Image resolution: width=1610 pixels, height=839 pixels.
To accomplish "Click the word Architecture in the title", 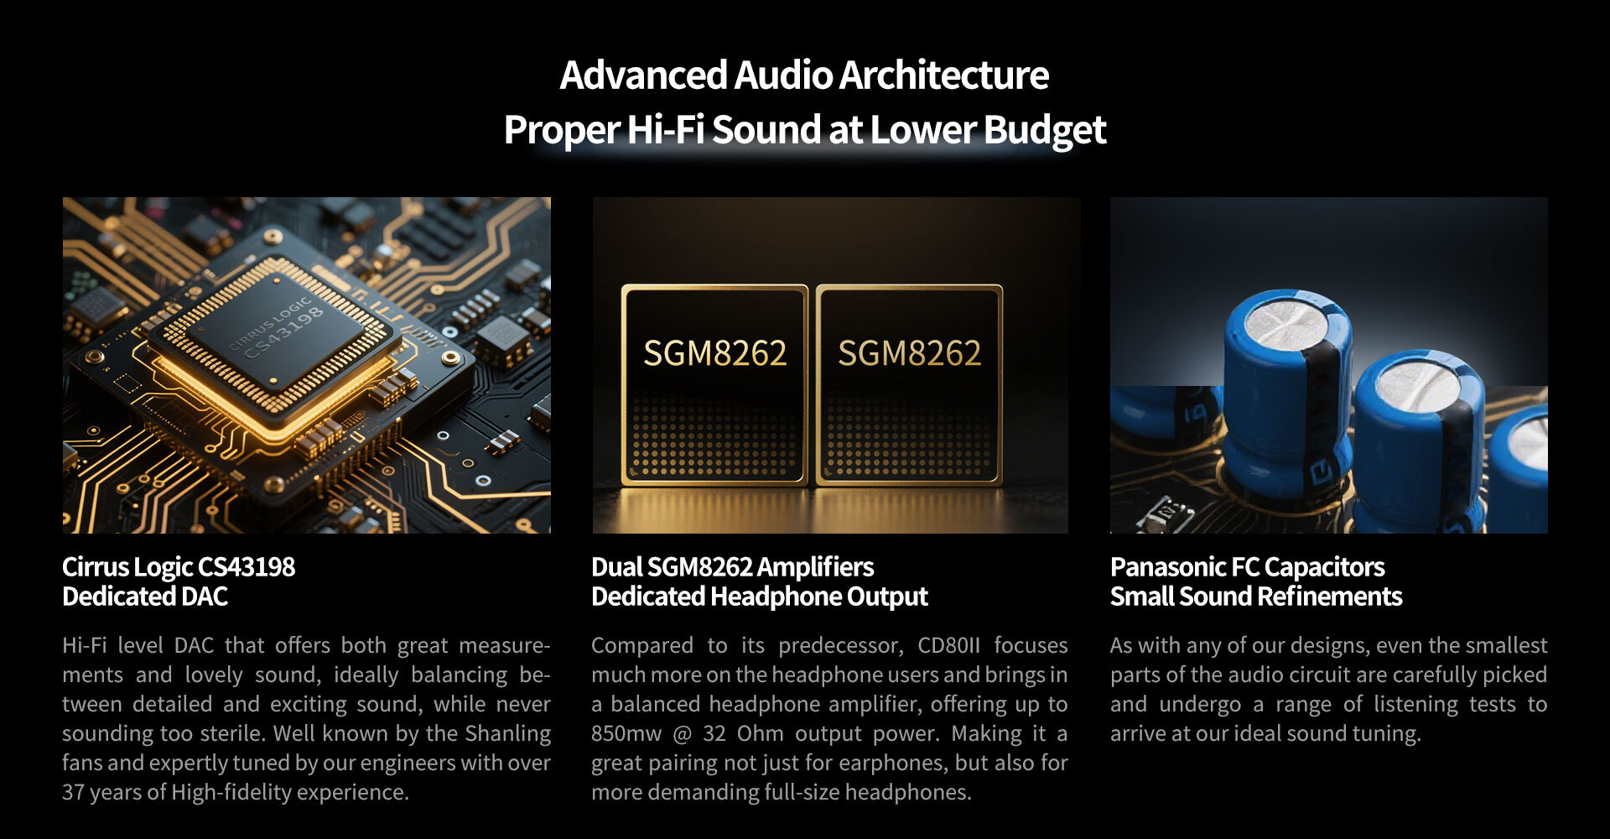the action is pos(943,76).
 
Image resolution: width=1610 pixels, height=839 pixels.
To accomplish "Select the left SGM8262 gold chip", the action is pos(714,385).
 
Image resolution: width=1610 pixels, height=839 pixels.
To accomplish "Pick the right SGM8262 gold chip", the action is pos(909,385).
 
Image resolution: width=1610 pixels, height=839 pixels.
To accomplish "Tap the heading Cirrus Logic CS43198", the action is pos(179,567).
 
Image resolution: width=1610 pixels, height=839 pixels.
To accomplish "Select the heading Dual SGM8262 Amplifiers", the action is pos(732,567).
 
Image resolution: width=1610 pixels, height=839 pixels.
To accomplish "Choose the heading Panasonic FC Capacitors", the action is pos(1247,567).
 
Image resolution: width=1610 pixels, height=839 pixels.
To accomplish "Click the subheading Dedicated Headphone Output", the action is pos(759,597).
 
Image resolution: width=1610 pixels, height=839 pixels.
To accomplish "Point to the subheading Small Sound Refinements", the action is pos(1255,597).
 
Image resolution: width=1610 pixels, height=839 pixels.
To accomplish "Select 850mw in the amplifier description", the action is pos(626,733).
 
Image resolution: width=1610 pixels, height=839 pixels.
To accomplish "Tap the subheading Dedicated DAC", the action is pos(145,597).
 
